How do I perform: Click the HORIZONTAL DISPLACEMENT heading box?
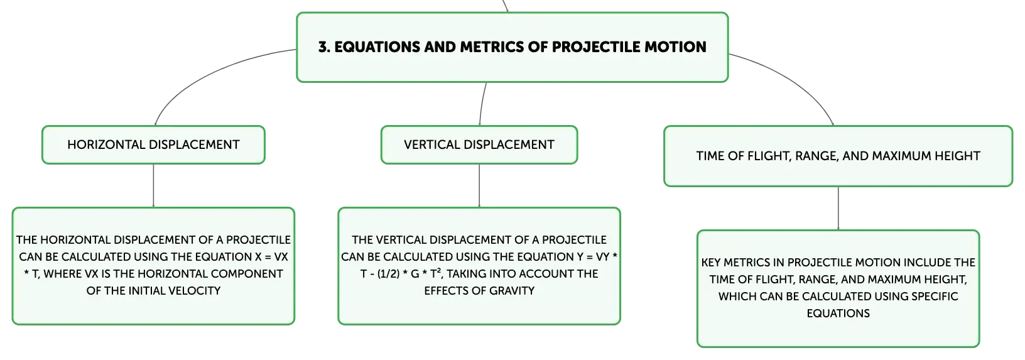[153, 145]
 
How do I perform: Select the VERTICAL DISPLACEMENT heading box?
[479, 145]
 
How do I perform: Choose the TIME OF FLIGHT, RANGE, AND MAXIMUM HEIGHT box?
[838, 156]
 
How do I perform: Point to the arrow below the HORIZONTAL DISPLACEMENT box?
[153, 185]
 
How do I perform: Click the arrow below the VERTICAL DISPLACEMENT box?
[479, 185]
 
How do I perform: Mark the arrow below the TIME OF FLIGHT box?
[838, 209]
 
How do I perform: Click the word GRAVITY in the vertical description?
[511, 291]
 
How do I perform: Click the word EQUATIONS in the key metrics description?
[838, 314]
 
